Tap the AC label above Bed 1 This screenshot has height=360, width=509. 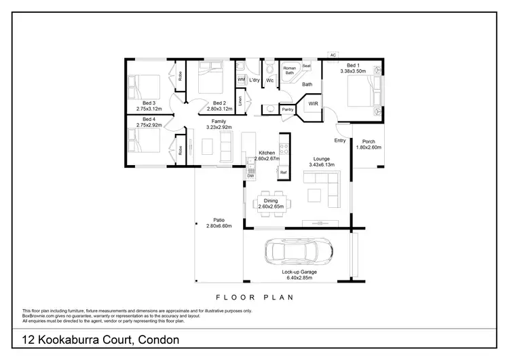pyautogui.click(x=333, y=55)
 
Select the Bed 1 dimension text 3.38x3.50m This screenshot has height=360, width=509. pyautogui.click(x=352, y=71)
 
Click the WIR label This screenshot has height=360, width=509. pyautogui.click(x=314, y=104)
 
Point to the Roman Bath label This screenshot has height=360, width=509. pyautogui.click(x=289, y=69)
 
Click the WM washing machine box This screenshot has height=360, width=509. pyautogui.click(x=241, y=79)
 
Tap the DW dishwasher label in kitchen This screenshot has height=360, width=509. pyautogui.click(x=250, y=176)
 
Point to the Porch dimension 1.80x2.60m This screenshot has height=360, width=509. pyautogui.click(x=369, y=147)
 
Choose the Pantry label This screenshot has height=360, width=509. pyautogui.click(x=288, y=109)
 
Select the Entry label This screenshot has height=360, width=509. pyautogui.click(x=340, y=140)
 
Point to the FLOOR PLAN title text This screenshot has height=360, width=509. pyautogui.click(x=254, y=297)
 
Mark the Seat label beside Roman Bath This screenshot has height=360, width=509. pyautogui.click(x=306, y=66)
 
